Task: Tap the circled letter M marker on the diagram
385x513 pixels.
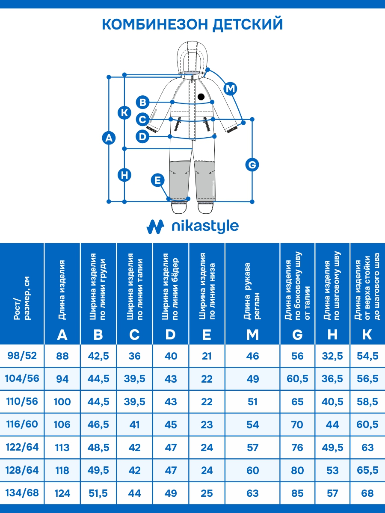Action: tap(231, 88)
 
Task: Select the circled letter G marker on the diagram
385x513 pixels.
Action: tap(252, 165)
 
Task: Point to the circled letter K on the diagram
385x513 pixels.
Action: tap(124, 113)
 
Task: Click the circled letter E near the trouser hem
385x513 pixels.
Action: tap(158, 180)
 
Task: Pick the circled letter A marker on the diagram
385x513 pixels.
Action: tap(109, 138)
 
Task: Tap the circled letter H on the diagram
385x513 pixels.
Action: tap(124, 175)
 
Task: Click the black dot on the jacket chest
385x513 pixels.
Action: tap(201, 97)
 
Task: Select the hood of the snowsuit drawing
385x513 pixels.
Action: tap(192, 56)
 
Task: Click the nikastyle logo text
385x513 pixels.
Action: tap(204, 227)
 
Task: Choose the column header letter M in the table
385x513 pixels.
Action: tap(252, 335)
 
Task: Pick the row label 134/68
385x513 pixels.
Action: tap(22, 492)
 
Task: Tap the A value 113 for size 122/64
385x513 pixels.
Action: tap(62, 448)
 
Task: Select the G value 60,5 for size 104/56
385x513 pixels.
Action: tap(297, 379)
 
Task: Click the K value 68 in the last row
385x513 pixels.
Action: tap(367, 493)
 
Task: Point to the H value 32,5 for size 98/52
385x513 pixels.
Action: tap(332, 356)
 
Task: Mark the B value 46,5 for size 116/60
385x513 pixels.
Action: tap(98, 425)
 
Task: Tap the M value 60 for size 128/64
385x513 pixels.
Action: tap(252, 470)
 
